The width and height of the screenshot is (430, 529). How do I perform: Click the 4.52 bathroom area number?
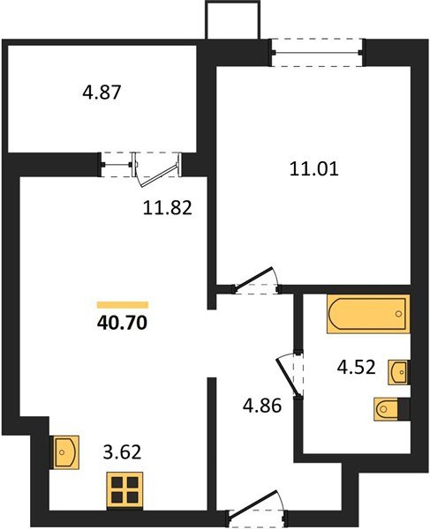click(x=357, y=369)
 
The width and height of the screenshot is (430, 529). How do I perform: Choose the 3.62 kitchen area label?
click(x=123, y=455)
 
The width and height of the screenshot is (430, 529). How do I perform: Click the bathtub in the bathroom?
click(x=367, y=315)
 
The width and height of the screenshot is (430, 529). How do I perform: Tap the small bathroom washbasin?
click(x=400, y=371)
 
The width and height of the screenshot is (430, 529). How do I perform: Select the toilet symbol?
click(x=390, y=409)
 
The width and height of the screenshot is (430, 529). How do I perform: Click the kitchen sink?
click(x=66, y=451)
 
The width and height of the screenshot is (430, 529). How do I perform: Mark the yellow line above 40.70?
click(x=123, y=303)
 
